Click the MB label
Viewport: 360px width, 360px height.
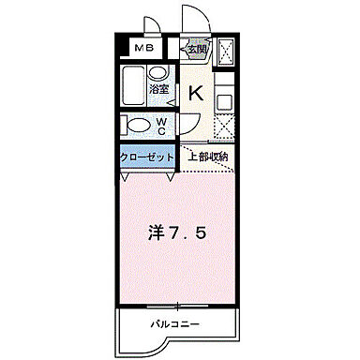point(144,49)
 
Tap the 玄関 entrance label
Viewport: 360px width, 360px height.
point(196,50)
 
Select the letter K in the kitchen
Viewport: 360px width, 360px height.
point(197,92)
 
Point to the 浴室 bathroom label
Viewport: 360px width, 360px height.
point(160,90)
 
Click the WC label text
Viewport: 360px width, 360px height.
point(161,125)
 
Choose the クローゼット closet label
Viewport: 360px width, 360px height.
point(147,157)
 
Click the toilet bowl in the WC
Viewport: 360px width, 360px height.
point(137,125)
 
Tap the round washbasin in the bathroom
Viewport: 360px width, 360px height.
point(158,73)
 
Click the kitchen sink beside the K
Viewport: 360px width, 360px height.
point(224,99)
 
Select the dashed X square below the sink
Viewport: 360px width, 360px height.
point(225,124)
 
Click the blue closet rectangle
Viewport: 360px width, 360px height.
point(147,157)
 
